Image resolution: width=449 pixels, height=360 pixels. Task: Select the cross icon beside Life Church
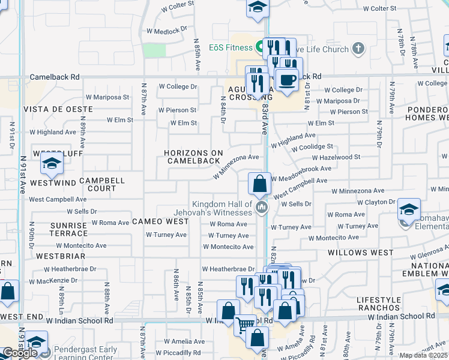coord(358,48)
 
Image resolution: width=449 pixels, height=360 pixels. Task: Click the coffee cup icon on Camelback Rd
coord(287,80)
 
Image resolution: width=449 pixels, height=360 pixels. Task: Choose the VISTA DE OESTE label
coord(58,109)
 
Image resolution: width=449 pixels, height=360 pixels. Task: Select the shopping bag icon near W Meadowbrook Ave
coord(259,184)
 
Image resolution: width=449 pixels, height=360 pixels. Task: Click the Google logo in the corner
coord(20,353)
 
